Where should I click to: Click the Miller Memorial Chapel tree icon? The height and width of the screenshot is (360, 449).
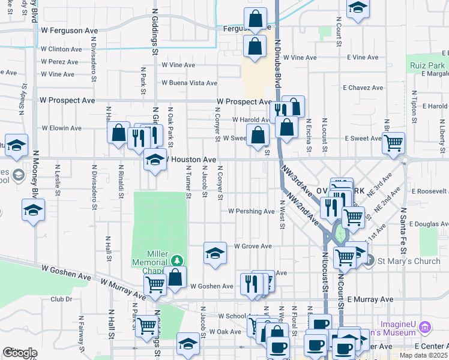(x=176, y=260)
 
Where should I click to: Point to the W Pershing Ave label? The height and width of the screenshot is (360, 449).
(x=252, y=211)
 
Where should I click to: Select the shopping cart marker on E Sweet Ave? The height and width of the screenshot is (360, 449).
(x=393, y=143)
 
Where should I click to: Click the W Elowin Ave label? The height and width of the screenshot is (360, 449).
(x=61, y=128)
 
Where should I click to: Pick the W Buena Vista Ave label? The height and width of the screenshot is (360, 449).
(x=189, y=83)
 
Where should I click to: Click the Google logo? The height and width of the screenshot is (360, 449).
(x=20, y=353)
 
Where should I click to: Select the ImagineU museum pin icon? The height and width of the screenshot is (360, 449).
(x=425, y=327)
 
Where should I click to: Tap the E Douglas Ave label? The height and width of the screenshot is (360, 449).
(x=427, y=223)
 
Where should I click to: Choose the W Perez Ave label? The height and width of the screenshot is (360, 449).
(x=60, y=61)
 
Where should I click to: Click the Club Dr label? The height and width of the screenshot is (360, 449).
(x=61, y=299)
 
